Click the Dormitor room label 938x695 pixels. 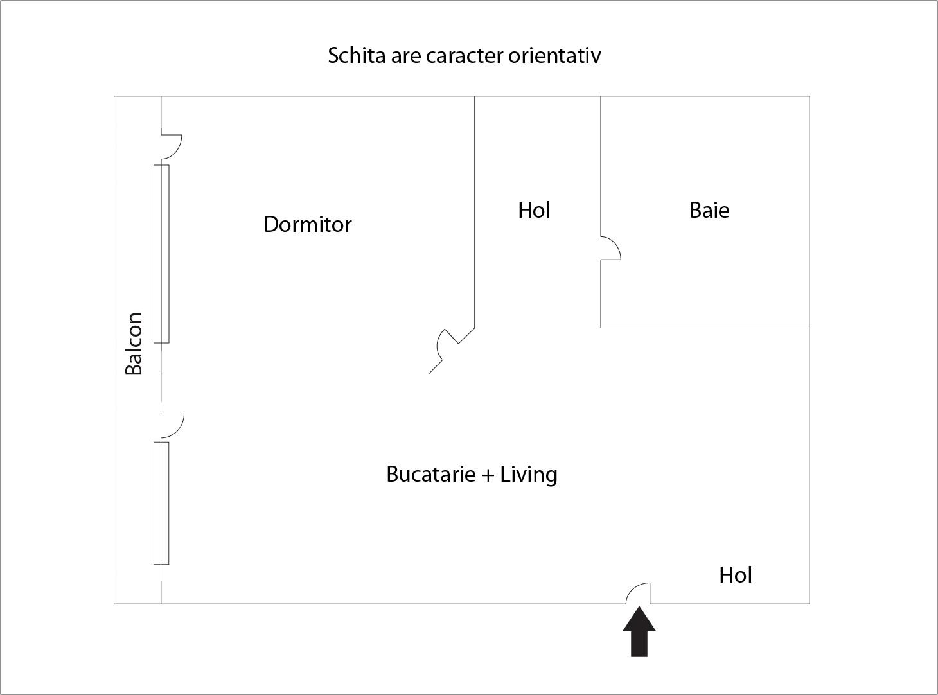[308, 224]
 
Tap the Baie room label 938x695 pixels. [709, 210]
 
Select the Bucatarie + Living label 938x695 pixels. [472, 474]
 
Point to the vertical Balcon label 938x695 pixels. [134, 343]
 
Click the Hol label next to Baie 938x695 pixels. [534, 210]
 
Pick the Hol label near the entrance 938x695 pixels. [735, 575]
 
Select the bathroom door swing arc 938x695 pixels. [611, 248]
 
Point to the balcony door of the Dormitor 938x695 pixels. [172, 146]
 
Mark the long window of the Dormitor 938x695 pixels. [161, 254]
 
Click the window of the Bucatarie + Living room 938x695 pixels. [161, 503]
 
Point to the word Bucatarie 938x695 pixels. [431, 474]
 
